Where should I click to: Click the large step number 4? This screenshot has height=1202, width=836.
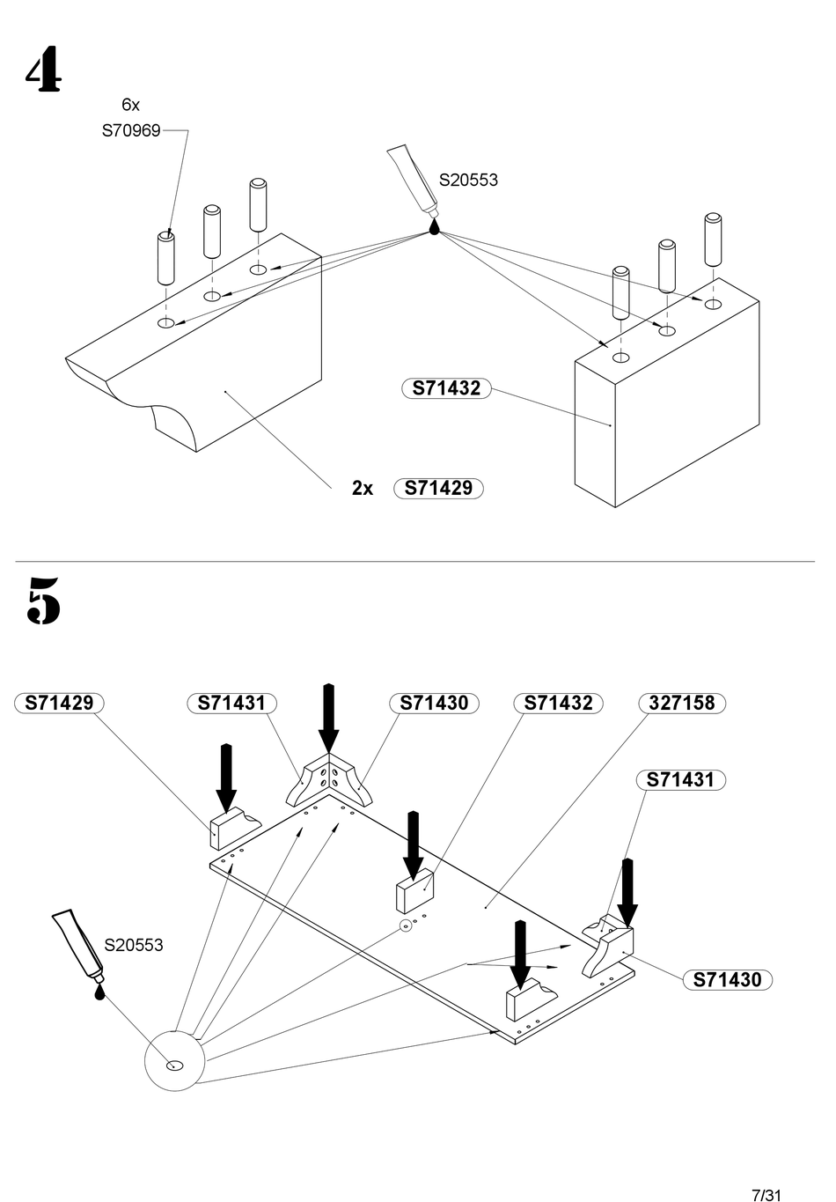[x=43, y=69]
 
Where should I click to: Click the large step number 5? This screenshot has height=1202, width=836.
[x=43, y=600]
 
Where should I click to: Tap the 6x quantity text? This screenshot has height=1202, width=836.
[x=130, y=105]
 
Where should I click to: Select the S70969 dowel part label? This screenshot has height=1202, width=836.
[x=131, y=130]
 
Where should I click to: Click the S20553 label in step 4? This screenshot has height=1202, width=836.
[x=468, y=180]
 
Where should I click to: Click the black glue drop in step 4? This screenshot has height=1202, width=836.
[x=435, y=226]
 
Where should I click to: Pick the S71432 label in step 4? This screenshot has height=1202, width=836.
[x=446, y=388]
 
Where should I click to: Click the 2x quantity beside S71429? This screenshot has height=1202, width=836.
[x=362, y=489]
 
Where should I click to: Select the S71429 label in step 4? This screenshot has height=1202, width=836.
[x=438, y=489]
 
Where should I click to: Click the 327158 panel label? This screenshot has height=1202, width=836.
[x=682, y=703]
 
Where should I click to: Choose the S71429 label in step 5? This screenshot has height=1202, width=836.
[x=59, y=703]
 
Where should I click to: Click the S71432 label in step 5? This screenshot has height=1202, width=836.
[x=558, y=703]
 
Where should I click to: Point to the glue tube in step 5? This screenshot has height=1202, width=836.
[x=78, y=943]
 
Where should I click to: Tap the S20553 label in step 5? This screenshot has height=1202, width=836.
[x=134, y=944]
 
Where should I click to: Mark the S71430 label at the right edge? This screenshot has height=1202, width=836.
[x=727, y=980]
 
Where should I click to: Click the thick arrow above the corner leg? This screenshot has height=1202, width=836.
[x=329, y=718]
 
